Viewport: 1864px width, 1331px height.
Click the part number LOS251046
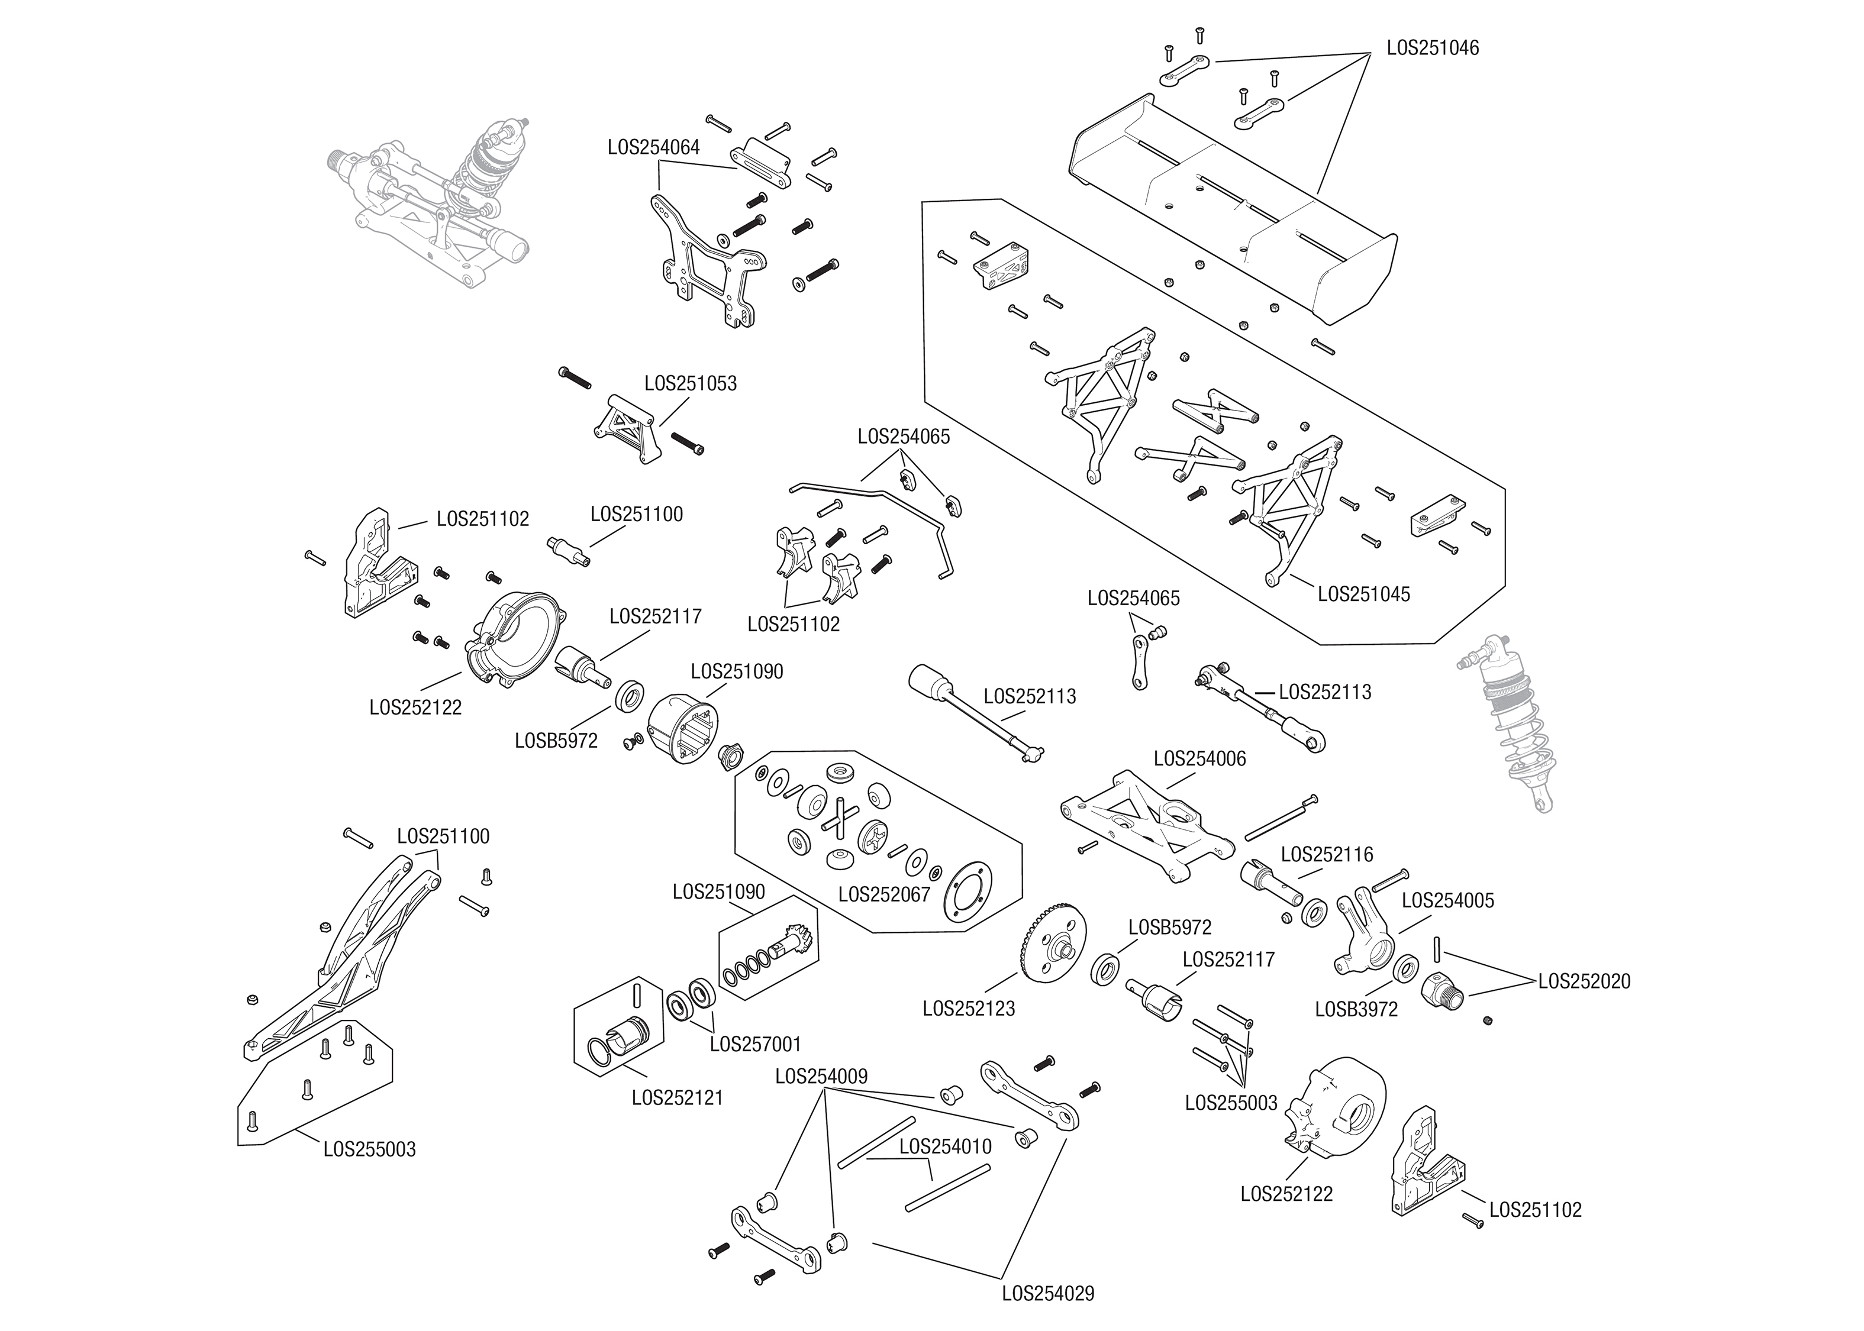coord(1432,47)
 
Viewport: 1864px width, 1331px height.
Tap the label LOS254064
coord(653,147)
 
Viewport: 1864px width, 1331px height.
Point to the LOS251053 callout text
coord(690,383)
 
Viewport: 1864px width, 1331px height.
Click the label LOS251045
coord(1363,594)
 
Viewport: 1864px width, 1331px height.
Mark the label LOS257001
coord(755,1044)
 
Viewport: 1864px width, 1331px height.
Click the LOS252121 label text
coord(677,1097)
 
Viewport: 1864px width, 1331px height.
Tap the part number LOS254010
coord(945,1146)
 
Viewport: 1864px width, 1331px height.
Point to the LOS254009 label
coord(821,1076)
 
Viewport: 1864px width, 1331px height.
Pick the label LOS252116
coord(1326,854)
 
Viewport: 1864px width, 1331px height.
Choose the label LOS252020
coord(1584,981)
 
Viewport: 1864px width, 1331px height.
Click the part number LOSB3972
coord(1356,1009)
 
